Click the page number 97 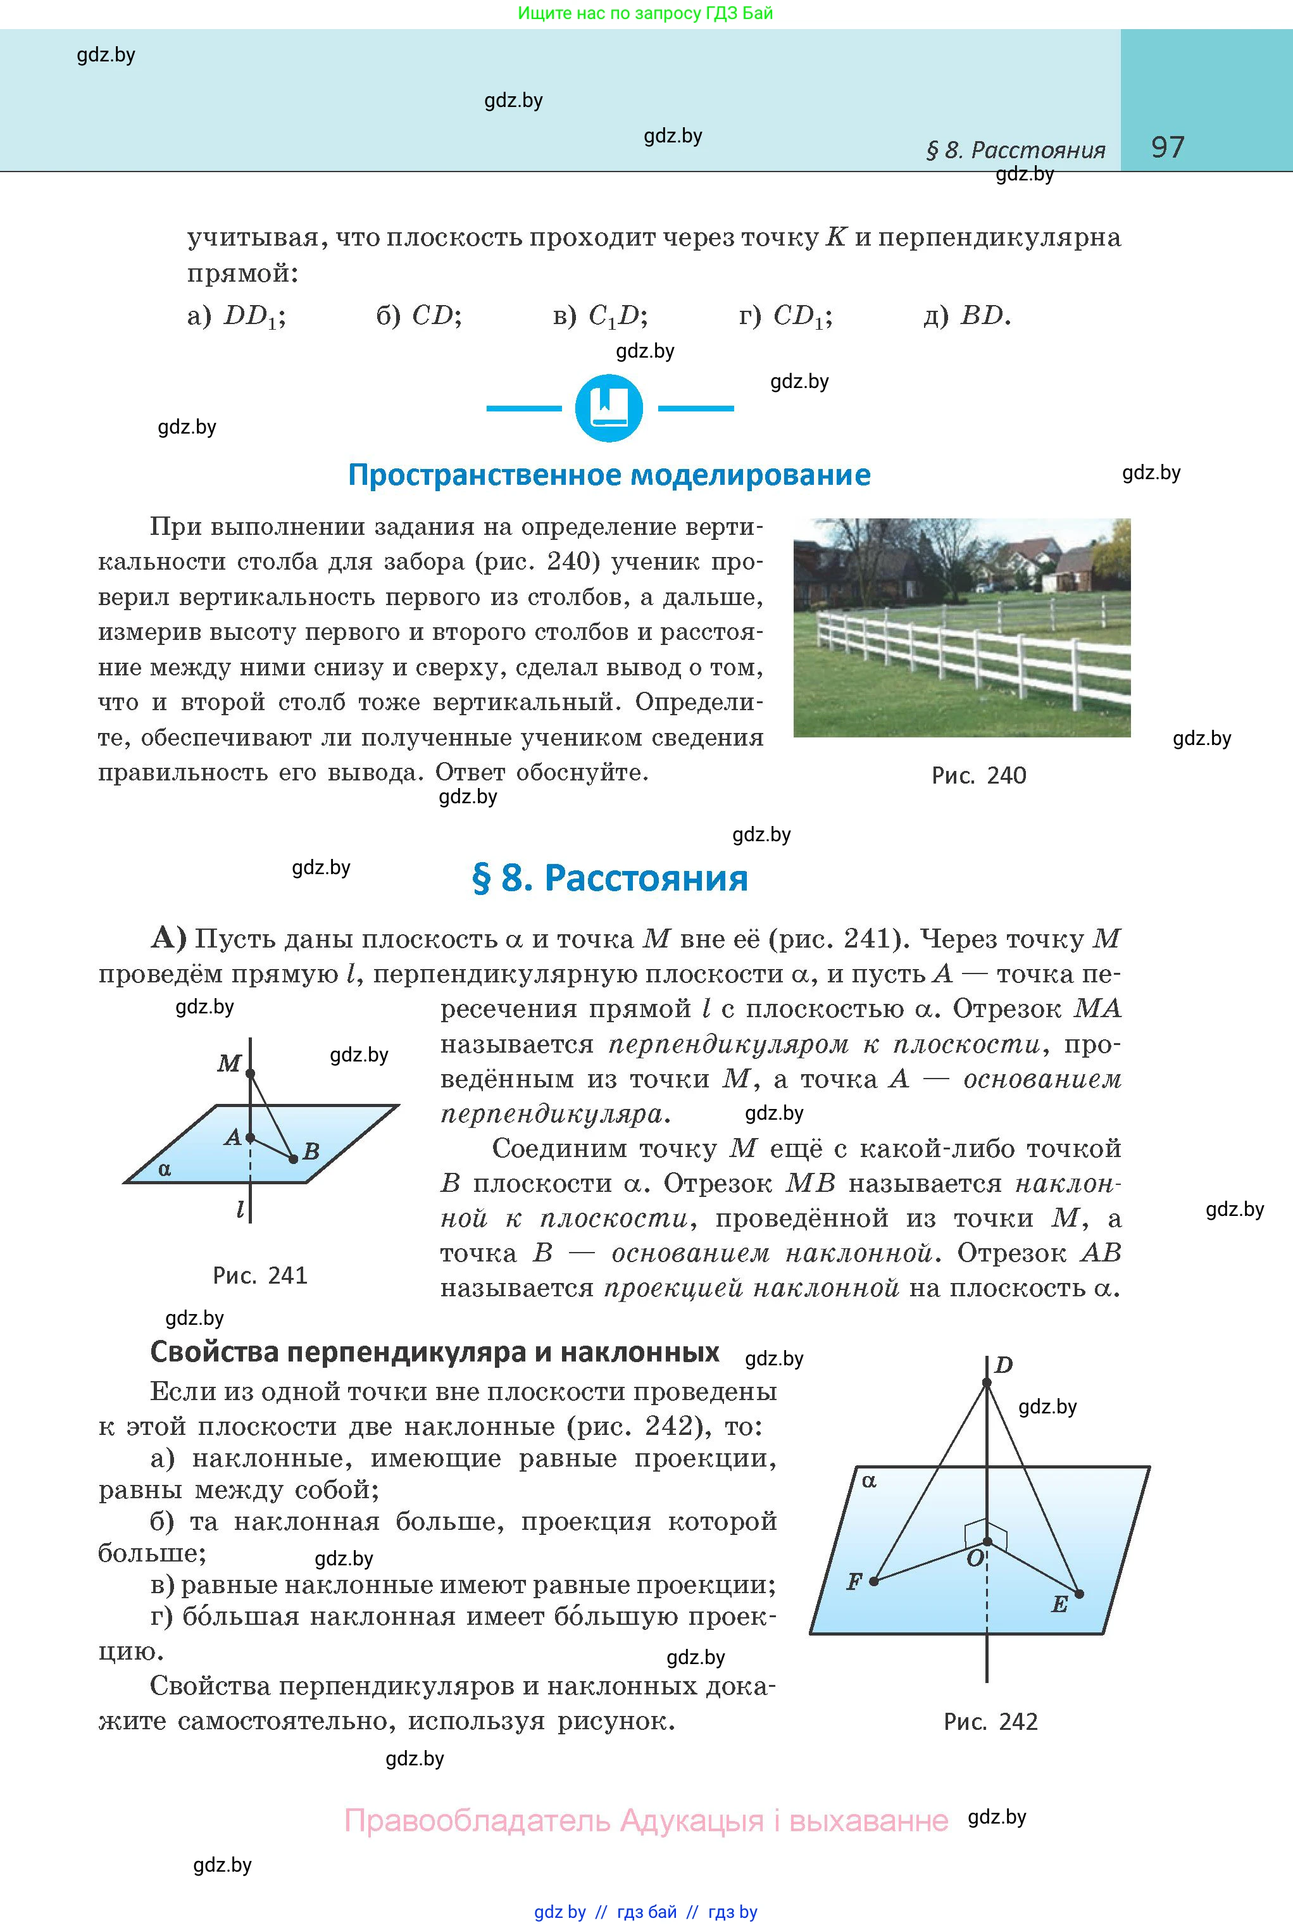1167,147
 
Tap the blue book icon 609,408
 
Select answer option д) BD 966,316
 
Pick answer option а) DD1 237,316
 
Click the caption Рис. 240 979,776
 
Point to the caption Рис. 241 259,1275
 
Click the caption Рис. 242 990,1722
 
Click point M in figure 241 251,1074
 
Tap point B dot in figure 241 294,1158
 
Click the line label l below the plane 240,1210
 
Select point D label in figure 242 1004,1365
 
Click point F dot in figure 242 874,1581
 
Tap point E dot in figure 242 1080,1593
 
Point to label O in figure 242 975,1558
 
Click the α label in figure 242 868,1481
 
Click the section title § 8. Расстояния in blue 609,879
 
